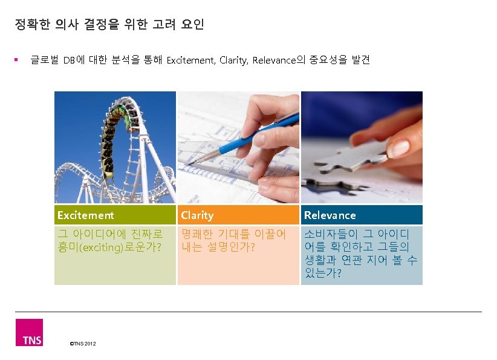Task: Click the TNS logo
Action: (x=29, y=333)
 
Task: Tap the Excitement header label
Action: (x=85, y=215)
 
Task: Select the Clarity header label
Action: (x=197, y=215)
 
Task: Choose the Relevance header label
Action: (x=330, y=215)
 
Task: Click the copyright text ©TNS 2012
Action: (x=83, y=344)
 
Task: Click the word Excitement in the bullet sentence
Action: (x=190, y=60)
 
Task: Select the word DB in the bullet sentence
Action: (x=70, y=60)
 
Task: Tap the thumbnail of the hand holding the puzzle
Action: (x=362, y=148)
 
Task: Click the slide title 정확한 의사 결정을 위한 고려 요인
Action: (x=109, y=25)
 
